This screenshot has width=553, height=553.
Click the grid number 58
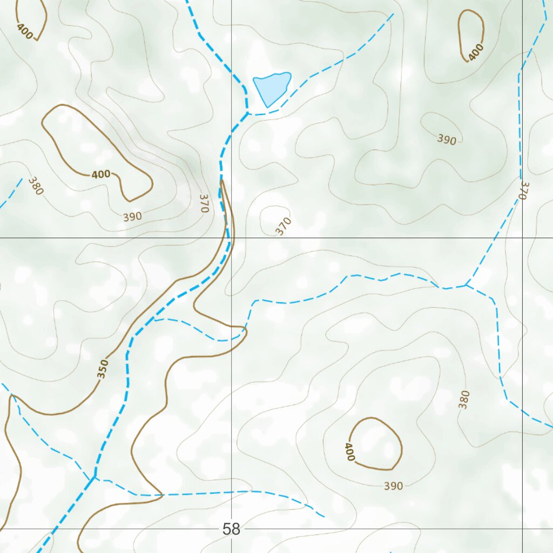pyautogui.click(x=231, y=529)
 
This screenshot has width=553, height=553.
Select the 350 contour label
pyautogui.click(x=103, y=369)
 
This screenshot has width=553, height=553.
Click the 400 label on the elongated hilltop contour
pyautogui.click(x=101, y=174)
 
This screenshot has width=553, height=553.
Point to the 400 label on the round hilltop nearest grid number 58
pyautogui.click(x=349, y=452)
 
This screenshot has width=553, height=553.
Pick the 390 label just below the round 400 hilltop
pyautogui.click(x=393, y=486)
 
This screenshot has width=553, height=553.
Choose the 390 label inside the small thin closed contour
pyautogui.click(x=447, y=139)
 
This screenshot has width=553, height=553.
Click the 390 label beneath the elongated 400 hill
pyautogui.click(x=132, y=217)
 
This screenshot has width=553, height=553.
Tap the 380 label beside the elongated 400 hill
pyautogui.click(x=36, y=185)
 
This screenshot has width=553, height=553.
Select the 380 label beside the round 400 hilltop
pyautogui.click(x=464, y=399)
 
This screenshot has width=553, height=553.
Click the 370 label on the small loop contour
pyautogui.click(x=284, y=226)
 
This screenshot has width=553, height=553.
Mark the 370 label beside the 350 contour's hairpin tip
pyautogui.click(x=204, y=203)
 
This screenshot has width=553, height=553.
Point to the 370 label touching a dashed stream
pyautogui.click(x=523, y=190)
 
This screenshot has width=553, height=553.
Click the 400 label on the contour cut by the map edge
pyautogui.click(x=25, y=32)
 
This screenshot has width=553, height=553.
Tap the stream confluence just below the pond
pyautogui.click(x=248, y=113)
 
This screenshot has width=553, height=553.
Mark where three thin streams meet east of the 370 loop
pyautogui.click(x=466, y=285)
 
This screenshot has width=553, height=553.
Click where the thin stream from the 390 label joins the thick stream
pyautogui.click(x=95, y=477)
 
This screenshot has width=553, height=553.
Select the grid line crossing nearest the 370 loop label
pyautogui.click(x=232, y=238)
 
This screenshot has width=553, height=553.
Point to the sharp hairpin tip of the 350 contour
pyautogui.click(x=221, y=181)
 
